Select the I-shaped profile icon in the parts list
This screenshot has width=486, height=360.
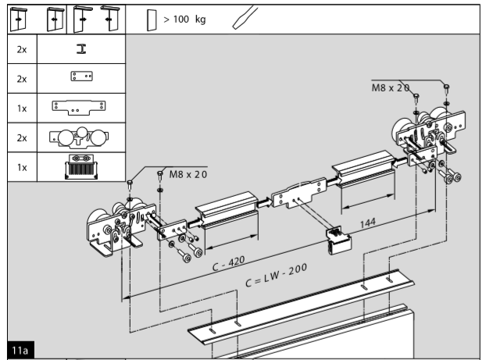77,51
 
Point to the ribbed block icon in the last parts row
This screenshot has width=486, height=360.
77,166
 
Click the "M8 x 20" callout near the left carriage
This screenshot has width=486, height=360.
188,174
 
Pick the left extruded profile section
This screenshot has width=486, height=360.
227,214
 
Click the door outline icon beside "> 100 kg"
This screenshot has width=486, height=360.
152,18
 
